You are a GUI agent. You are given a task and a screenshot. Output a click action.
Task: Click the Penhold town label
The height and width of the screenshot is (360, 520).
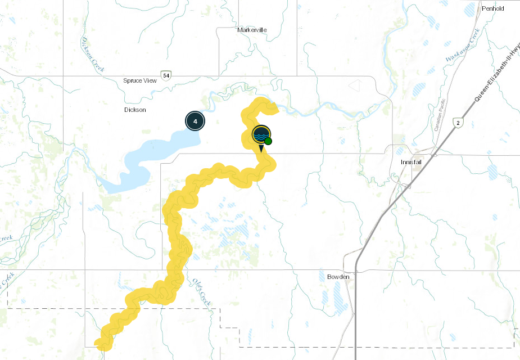[492, 8]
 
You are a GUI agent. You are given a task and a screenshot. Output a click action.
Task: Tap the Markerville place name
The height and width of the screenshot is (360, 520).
[252, 30]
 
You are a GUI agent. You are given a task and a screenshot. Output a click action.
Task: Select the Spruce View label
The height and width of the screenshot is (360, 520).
[140, 80]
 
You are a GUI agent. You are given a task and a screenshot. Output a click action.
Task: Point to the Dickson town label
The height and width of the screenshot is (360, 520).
[135, 110]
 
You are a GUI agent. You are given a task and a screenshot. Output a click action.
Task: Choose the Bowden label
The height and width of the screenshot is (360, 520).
[338, 277]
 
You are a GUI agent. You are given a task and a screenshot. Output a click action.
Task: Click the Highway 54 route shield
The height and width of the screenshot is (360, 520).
[165, 75]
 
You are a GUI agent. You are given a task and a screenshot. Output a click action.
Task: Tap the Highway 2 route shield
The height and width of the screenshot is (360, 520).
[459, 122]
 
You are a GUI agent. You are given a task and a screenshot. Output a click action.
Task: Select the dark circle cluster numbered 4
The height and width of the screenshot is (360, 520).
[195, 121]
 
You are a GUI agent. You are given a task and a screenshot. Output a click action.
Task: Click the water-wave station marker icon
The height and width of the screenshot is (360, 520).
[261, 135]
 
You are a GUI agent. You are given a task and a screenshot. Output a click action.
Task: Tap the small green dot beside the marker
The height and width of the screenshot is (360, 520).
[269, 141]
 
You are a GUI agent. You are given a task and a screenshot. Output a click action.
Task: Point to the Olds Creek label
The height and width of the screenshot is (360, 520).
[201, 292]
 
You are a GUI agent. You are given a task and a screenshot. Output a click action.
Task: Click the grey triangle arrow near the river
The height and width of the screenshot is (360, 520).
[355, 85]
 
